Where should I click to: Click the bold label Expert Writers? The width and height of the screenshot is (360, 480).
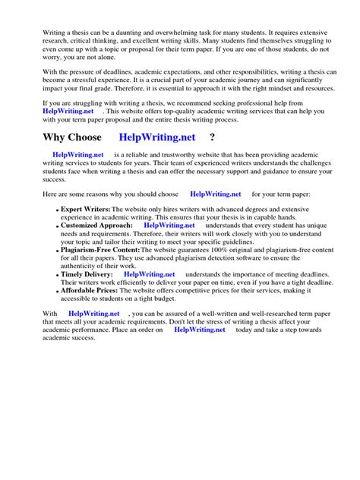pos(85,208)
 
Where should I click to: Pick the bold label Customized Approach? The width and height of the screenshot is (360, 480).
pos(96,226)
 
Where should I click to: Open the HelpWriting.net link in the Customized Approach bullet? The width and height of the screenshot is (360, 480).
pos(169,226)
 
